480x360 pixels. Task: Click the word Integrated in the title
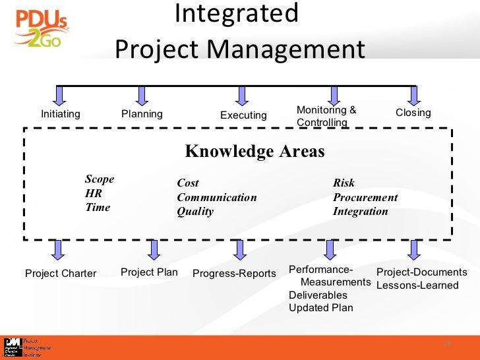237,13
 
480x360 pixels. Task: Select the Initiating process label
61,114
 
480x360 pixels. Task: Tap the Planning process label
142,114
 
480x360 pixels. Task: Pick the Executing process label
243,115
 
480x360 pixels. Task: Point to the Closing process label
413,113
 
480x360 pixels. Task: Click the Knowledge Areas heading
255,152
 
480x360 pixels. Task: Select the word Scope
100,179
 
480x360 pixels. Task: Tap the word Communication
217,197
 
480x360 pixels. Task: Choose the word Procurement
365,197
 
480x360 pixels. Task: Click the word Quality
195,212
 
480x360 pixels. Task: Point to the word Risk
344,183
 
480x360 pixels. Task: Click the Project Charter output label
61,274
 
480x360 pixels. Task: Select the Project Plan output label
149,272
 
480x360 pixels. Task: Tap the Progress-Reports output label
234,274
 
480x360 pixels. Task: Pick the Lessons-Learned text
417,285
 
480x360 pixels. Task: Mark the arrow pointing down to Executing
242,96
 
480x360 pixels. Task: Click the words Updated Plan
320,307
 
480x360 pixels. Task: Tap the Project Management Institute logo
26,347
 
